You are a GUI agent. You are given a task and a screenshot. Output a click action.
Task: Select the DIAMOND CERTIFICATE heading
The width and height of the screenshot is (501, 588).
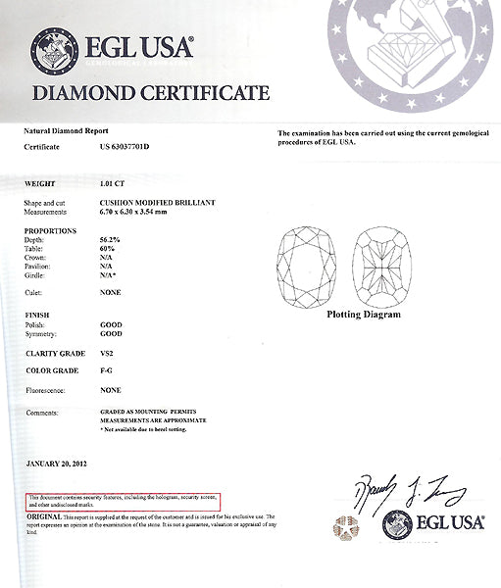tap(151, 94)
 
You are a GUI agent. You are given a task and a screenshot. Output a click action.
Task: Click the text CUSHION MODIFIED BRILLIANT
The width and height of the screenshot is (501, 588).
tap(157, 202)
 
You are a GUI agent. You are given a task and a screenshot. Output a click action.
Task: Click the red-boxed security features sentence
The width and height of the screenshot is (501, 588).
tap(123, 502)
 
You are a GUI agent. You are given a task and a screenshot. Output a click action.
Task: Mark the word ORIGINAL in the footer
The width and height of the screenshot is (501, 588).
tap(43, 515)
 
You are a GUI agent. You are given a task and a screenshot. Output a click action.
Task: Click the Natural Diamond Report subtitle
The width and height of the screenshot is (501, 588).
tap(66, 131)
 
